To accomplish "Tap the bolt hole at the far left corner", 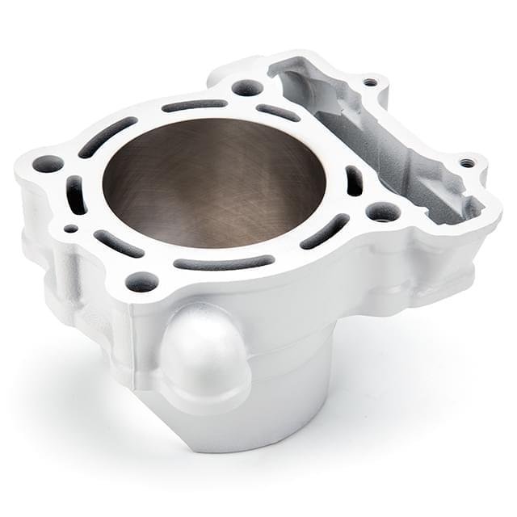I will coord(48,163).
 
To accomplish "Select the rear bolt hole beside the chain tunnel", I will coord(247,87).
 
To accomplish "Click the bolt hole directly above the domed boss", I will coord(141,282).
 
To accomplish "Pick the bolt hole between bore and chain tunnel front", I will coord(382,212).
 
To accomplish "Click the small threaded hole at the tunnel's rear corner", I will coord(370,82).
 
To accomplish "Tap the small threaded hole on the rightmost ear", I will coord(468,162).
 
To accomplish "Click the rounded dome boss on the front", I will coord(204,355).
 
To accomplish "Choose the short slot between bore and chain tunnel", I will coord(354,180).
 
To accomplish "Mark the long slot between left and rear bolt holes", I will coord(107,136).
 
